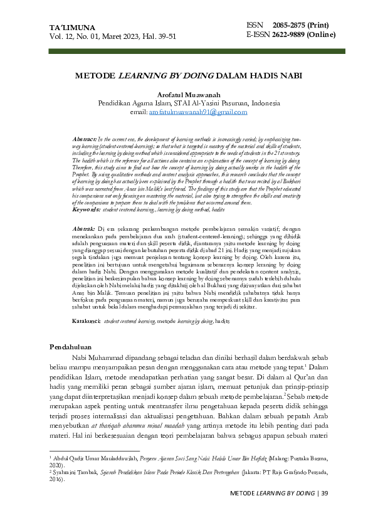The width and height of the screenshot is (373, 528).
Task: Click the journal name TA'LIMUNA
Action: point(72,28)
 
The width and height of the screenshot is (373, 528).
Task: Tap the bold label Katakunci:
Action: point(86,320)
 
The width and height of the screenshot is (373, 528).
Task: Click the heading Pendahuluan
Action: point(71,347)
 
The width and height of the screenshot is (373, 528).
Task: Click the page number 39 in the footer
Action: point(324,494)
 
